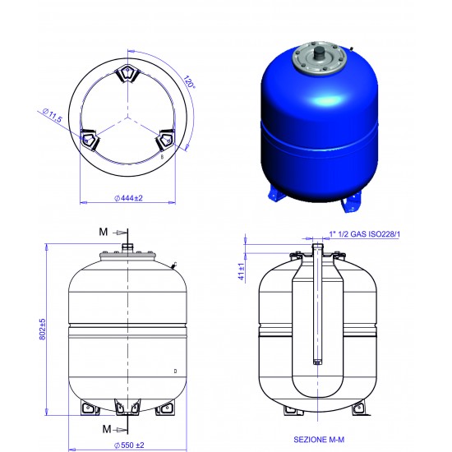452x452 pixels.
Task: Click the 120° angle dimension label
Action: tap(189, 81)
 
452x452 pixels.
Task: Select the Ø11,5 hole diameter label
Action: tap(52, 115)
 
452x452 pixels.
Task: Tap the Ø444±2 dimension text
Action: tap(128, 198)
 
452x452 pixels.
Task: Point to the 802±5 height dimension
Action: tap(43, 329)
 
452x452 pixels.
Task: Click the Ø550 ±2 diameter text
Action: tap(129, 445)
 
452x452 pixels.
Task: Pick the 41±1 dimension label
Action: tap(242, 271)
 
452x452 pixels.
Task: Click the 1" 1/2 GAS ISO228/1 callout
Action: tap(365, 234)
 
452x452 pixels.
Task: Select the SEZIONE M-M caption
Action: tap(319, 440)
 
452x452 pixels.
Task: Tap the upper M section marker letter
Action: tap(104, 232)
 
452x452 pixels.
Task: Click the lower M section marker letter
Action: tap(107, 429)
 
